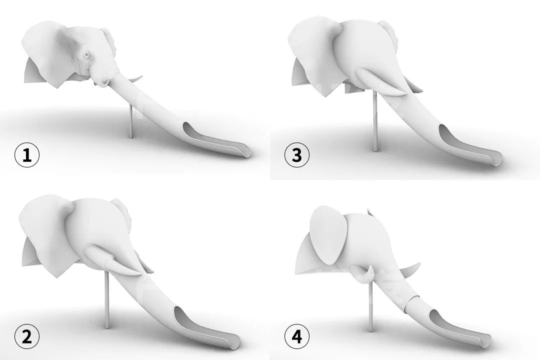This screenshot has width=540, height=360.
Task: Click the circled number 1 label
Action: (27, 155)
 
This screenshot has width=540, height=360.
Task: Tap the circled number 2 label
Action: (27, 336)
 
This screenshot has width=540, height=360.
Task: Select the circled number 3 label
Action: (297, 155)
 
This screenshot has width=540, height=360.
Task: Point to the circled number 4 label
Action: (297, 336)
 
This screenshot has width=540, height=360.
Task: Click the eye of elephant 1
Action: (86, 54)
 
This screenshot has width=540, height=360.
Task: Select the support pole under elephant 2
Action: (107, 299)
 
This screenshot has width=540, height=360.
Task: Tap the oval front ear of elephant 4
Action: (327, 234)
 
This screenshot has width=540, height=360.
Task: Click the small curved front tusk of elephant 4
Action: (368, 274)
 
